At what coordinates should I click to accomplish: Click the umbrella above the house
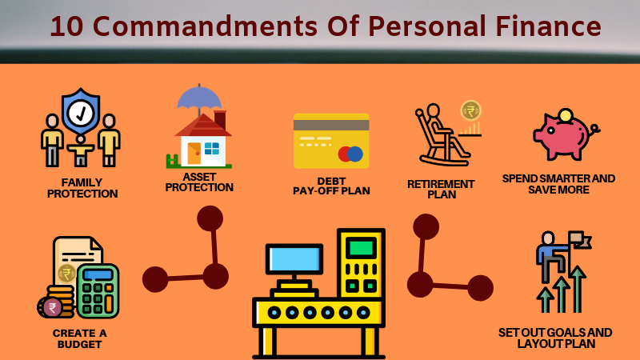(x=199, y=99)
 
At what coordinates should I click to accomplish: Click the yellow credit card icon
(x=330, y=141)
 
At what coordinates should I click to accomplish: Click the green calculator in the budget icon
(x=98, y=290)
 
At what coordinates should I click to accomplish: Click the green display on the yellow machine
(x=361, y=247)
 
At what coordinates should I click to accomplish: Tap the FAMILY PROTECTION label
(x=82, y=188)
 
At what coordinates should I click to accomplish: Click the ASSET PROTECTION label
(x=199, y=182)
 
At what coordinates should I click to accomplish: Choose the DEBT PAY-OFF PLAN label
(x=331, y=186)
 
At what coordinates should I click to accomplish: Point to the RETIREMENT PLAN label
(x=441, y=189)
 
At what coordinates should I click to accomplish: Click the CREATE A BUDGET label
(x=79, y=338)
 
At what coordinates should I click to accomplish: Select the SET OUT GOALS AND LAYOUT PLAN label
(x=555, y=338)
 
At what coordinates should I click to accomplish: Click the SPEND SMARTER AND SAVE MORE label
(x=558, y=184)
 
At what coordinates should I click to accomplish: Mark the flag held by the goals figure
(x=578, y=238)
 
